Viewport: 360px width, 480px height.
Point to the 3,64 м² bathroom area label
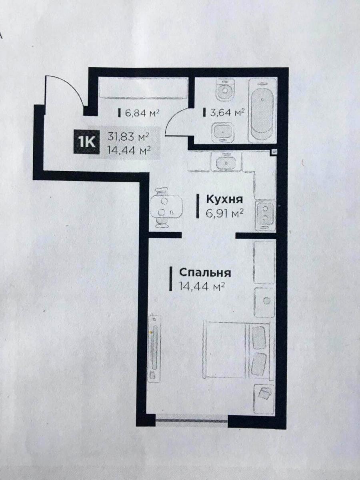227,113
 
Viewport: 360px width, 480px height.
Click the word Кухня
225,200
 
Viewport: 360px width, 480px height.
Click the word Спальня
205,273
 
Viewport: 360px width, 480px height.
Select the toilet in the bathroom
225,90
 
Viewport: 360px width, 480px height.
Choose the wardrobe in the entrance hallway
143,88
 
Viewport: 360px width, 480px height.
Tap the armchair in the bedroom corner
264,397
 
